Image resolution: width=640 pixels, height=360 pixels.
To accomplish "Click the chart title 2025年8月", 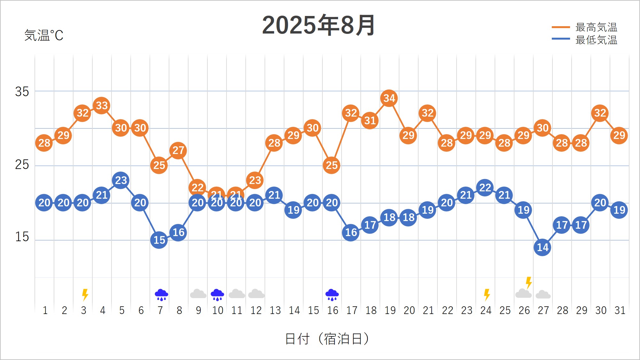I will point(318,25).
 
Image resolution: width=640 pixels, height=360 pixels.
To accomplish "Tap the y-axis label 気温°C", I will point(44,35).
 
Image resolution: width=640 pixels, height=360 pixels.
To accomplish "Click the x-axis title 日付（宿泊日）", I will point(327,339).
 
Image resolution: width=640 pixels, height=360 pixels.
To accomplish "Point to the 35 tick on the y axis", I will point(22,92).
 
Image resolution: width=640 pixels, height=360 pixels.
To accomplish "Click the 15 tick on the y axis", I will point(22,237).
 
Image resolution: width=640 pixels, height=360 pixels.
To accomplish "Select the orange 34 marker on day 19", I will point(389,98).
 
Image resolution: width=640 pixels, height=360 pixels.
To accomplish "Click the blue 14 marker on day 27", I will point(543,247).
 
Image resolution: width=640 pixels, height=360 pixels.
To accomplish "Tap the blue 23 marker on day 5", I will point(121,180).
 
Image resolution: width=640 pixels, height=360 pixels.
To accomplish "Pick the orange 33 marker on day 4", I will point(102,105).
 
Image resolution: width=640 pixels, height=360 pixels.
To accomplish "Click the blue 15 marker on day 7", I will point(159,240).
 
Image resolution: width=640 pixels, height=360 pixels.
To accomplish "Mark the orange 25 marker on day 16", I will point(332,165).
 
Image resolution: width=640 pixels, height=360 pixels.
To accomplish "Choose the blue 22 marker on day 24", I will point(485,188).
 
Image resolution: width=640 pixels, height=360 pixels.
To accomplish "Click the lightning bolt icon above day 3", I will point(85,295).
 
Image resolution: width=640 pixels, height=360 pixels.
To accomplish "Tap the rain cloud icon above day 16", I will point(332,295).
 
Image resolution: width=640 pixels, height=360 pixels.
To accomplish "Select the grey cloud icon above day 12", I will point(256,294).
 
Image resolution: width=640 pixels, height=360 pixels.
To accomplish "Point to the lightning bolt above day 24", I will point(487,295).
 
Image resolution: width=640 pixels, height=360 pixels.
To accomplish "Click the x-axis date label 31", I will point(620,310).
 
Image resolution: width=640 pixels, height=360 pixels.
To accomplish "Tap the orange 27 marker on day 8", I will point(178,150).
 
